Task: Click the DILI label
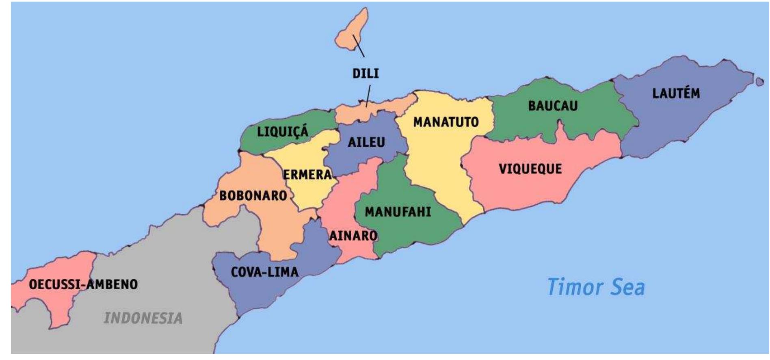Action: point(365,74)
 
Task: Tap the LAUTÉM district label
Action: point(676,93)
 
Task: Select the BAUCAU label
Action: point(553,106)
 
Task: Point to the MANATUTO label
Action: point(446,122)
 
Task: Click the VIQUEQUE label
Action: point(530,169)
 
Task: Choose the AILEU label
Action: point(366,142)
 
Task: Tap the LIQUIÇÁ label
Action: point(283,132)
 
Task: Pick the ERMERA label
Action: point(307,175)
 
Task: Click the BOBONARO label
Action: point(253,196)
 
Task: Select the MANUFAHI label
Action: point(398,212)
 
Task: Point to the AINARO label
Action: point(353,236)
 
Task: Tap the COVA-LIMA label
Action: point(265,272)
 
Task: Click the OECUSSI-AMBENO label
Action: point(83,284)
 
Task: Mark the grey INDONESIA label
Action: point(143,318)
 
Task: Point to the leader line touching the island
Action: point(359,46)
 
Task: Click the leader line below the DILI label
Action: point(368,96)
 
